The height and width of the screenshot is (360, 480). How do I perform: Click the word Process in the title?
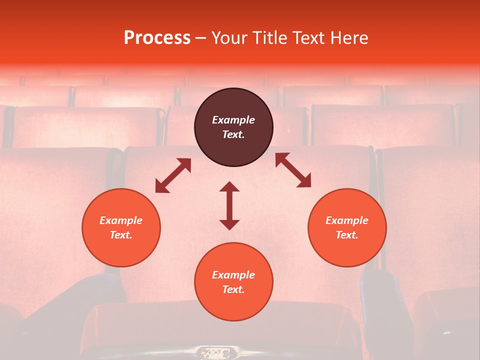[x=157, y=38]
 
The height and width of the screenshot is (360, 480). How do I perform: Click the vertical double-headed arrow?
[x=229, y=205]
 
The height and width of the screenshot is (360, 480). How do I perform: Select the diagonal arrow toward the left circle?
[x=173, y=175]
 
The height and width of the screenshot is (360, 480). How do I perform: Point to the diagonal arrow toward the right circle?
[x=293, y=170]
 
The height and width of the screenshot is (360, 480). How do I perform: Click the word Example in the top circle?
[x=233, y=120]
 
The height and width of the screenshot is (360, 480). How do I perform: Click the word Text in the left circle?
[x=120, y=235]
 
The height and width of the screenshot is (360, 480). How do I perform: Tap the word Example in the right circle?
[x=347, y=220]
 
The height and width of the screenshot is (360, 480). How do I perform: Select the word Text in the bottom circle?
[x=233, y=289]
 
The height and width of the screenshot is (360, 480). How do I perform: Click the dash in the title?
[x=201, y=38]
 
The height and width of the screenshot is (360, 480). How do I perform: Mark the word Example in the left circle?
[x=121, y=220]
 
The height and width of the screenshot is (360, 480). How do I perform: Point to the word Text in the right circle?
[x=346, y=235]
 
